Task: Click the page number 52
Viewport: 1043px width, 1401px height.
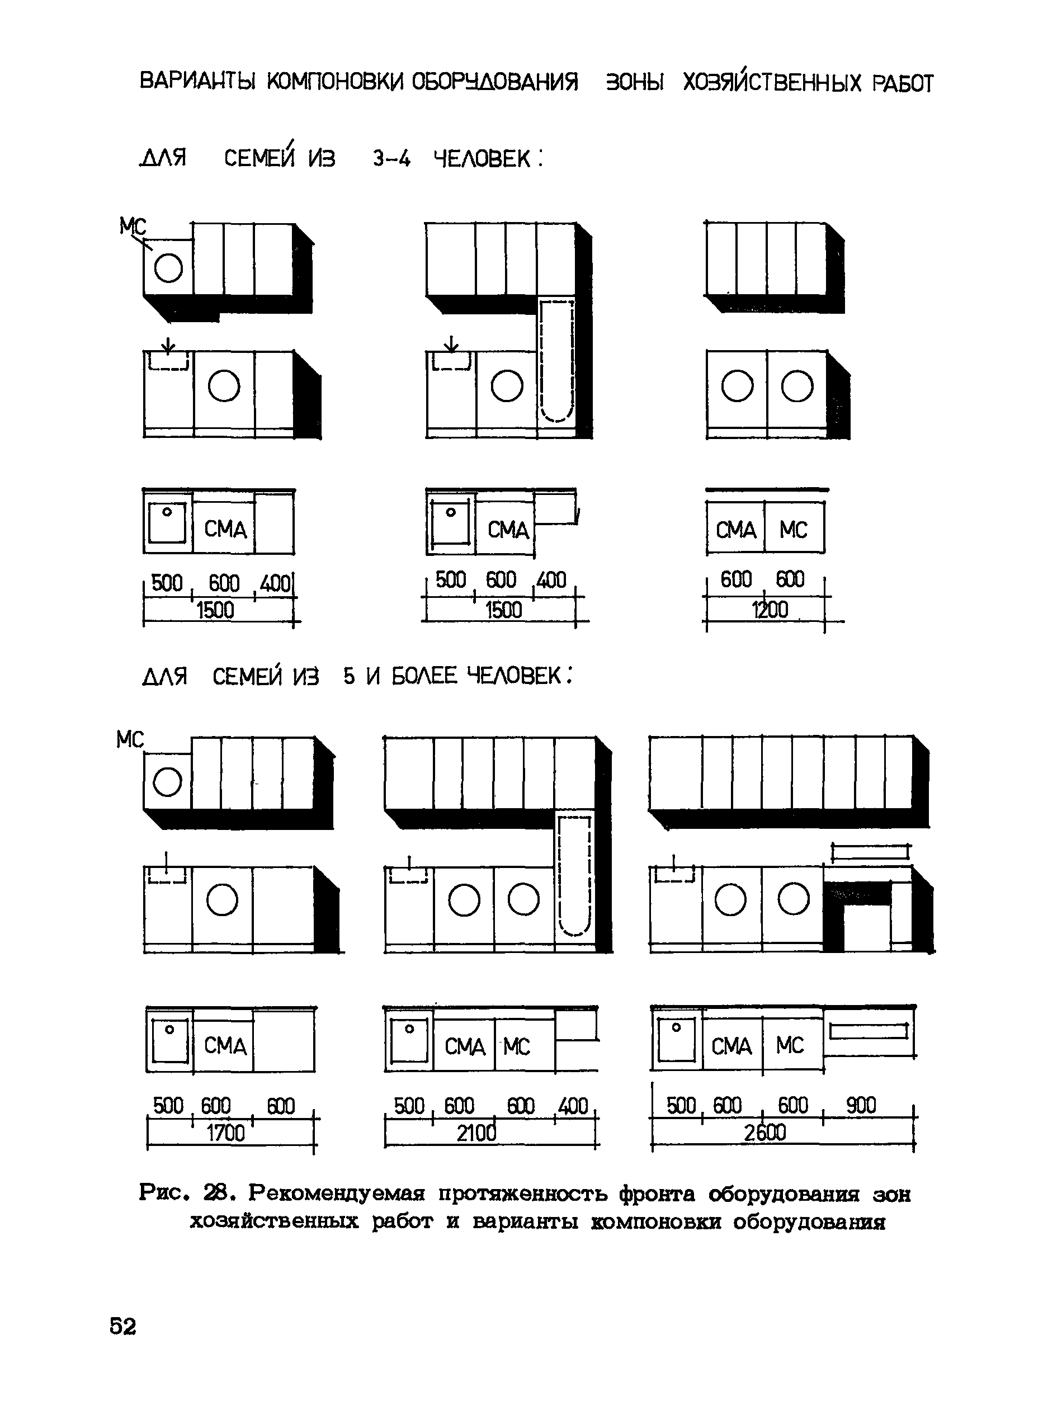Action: tap(122, 1327)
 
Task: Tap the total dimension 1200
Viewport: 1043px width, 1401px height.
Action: tap(770, 610)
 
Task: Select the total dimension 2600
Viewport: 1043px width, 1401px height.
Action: tap(765, 1133)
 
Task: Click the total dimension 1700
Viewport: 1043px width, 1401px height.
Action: tap(225, 1133)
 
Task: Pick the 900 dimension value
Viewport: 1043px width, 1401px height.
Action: tap(861, 1106)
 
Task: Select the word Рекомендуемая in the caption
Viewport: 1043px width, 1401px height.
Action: tap(337, 1194)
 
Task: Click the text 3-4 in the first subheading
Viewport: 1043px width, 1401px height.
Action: tap(391, 158)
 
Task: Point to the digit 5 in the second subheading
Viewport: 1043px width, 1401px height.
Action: tap(349, 677)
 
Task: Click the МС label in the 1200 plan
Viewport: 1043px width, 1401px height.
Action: tap(793, 530)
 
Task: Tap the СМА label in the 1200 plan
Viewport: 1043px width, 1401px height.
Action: tap(735, 530)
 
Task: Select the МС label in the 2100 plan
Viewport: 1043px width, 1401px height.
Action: tap(517, 1047)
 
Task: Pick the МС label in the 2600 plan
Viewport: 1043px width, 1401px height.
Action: tap(790, 1045)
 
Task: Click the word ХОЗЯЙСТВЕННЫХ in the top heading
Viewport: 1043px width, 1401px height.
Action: tap(772, 82)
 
